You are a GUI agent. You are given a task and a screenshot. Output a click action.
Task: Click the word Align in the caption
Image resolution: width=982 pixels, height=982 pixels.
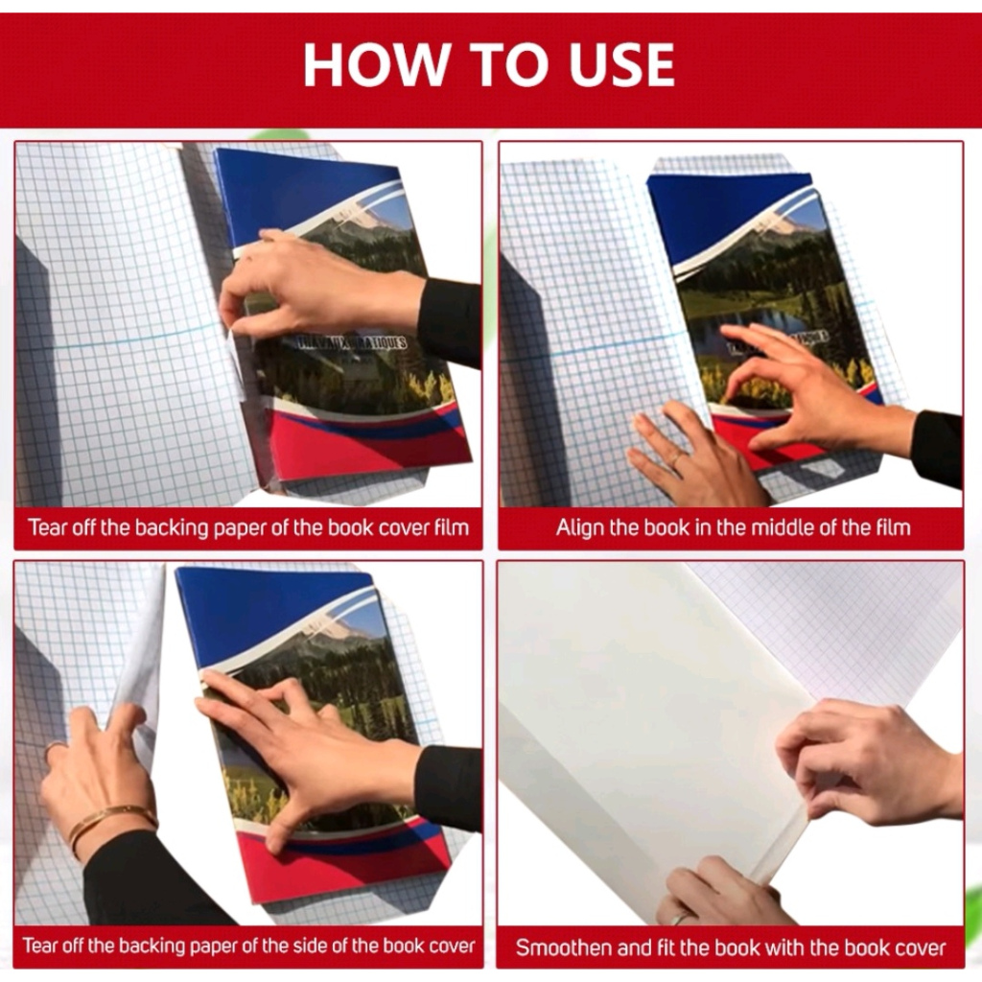pyautogui.click(x=580, y=528)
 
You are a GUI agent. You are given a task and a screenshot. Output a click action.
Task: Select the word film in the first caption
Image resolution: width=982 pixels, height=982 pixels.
pyautogui.click(x=453, y=528)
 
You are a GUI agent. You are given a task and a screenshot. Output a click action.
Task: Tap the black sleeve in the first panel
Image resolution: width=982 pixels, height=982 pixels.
pyautogui.click(x=450, y=322)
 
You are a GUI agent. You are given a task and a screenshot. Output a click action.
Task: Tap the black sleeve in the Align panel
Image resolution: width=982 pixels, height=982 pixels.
pyautogui.click(x=938, y=448)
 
